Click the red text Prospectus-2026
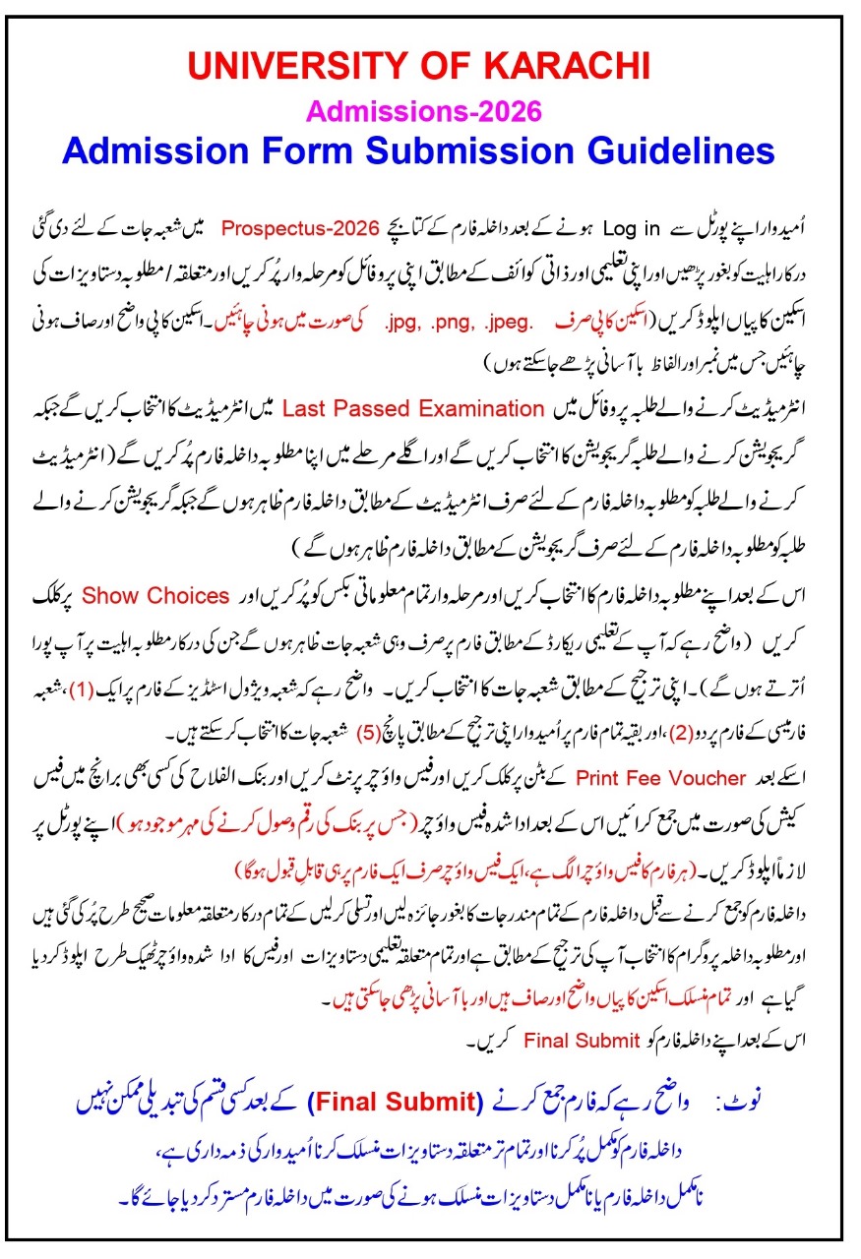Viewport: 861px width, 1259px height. tap(299, 229)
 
